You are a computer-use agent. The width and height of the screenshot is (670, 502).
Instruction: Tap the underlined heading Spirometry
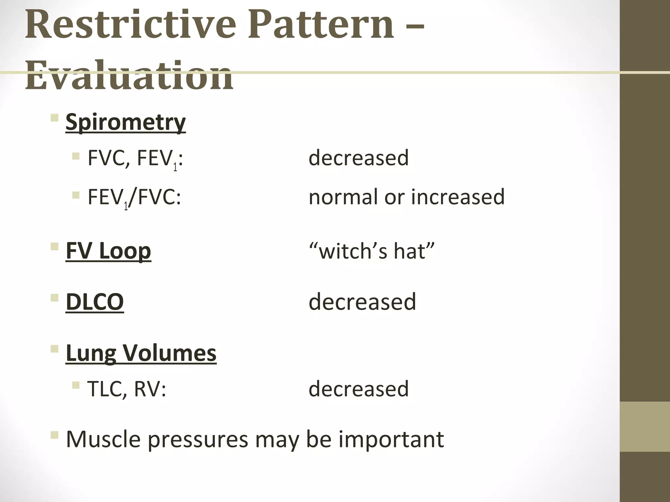click(x=126, y=122)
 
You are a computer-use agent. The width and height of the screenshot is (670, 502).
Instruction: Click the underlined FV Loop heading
click(x=108, y=251)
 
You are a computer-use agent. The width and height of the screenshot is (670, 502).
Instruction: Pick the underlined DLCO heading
click(x=95, y=301)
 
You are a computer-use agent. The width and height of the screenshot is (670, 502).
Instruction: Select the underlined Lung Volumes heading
click(x=141, y=353)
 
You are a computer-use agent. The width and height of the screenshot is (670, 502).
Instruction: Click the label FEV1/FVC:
click(x=134, y=197)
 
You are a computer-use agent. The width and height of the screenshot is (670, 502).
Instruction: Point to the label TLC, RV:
click(x=127, y=389)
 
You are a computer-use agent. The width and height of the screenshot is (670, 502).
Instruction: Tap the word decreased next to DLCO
click(x=362, y=301)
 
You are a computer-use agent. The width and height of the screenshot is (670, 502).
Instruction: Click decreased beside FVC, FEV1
click(x=359, y=158)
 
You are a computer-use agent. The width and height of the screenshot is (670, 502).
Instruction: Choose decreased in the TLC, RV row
click(x=359, y=389)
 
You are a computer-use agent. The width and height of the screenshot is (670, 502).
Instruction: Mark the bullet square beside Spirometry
click(x=55, y=117)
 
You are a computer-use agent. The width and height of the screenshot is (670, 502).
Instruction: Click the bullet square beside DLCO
click(x=55, y=297)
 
